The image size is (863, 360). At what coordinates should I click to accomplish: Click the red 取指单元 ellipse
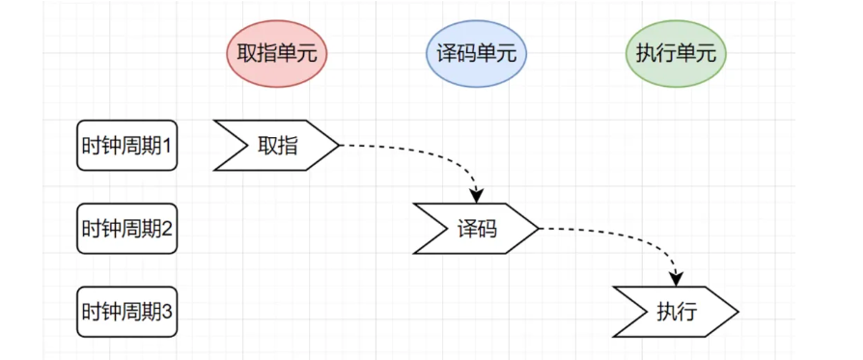point(277,54)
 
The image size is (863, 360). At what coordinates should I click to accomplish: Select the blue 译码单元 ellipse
point(477,54)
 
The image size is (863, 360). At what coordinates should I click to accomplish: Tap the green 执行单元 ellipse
point(675,54)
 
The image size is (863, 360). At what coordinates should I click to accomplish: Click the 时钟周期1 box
point(126,146)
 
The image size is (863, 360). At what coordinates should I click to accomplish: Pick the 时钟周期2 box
point(126,229)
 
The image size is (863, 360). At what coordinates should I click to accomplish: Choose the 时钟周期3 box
point(126,312)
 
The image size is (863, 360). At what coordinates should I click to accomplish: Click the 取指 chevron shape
point(278,146)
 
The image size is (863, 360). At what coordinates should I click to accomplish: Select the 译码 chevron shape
point(477,229)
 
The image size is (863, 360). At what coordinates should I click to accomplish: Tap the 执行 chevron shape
point(676,312)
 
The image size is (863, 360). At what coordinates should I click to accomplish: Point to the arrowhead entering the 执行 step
point(677,278)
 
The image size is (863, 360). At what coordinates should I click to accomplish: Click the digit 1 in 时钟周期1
point(167,146)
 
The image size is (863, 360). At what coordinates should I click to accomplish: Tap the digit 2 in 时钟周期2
point(167,229)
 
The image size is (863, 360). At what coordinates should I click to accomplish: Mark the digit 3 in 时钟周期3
point(167,312)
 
